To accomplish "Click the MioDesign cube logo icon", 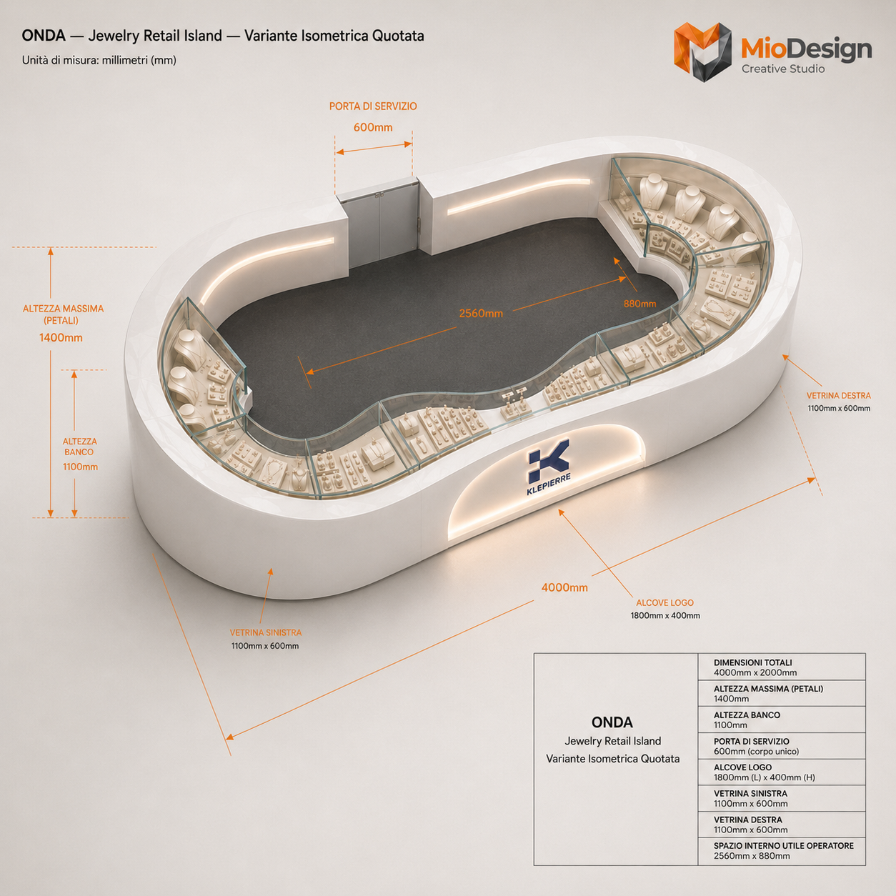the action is click(x=702, y=51).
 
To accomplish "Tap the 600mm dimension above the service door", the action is click(x=373, y=127).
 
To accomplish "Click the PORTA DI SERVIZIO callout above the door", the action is click(x=373, y=106).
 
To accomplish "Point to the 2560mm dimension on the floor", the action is click(x=481, y=314).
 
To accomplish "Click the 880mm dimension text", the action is click(x=639, y=304).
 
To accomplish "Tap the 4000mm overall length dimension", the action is click(x=564, y=588).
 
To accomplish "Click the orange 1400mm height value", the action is click(x=61, y=337).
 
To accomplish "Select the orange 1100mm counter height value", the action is click(x=81, y=467).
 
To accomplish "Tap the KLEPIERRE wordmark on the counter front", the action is click(x=549, y=487).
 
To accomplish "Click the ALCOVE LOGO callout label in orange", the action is click(x=665, y=602).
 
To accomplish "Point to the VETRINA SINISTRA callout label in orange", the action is click(x=266, y=632).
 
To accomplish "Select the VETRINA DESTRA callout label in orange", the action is click(x=838, y=396).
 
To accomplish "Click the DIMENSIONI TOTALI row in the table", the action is click(x=782, y=667).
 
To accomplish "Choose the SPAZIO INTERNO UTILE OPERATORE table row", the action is click(x=782, y=850).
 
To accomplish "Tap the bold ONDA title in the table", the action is click(x=612, y=722).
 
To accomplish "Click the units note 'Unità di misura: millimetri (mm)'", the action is click(x=99, y=61).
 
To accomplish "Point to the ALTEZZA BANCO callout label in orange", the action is click(x=80, y=447).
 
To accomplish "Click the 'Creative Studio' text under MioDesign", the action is click(x=783, y=69).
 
